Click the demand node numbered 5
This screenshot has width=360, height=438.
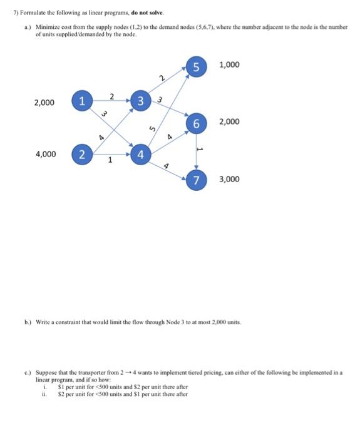click(x=195, y=66)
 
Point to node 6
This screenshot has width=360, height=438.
click(x=196, y=123)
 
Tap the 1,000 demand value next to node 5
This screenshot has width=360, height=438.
click(x=229, y=65)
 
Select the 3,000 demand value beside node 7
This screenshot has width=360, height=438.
click(x=229, y=180)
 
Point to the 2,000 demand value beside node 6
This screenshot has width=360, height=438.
click(x=229, y=121)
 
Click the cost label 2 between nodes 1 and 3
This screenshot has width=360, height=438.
click(x=111, y=96)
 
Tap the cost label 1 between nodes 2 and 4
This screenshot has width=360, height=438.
click(x=110, y=160)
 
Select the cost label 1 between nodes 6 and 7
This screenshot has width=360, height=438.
click(x=200, y=150)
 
